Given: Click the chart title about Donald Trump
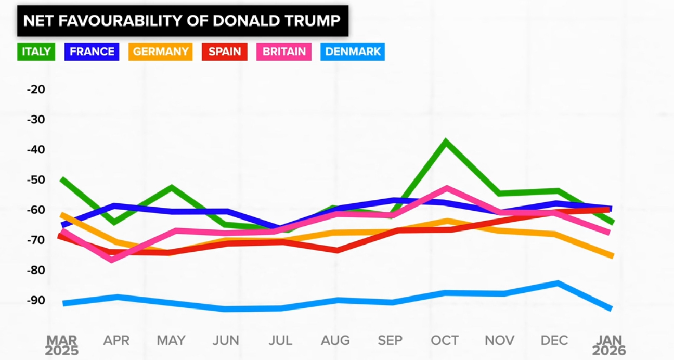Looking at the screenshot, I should click(183, 21).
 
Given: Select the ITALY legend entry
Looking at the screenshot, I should click(36, 52).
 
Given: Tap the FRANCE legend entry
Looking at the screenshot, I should click(92, 52).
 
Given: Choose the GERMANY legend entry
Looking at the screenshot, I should click(161, 52).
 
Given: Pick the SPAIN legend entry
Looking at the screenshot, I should click(225, 52).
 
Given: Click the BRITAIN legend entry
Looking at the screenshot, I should click(284, 52).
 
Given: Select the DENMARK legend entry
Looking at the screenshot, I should click(353, 52).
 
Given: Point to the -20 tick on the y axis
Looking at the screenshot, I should click(36, 89).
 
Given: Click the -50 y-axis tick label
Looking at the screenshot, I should click(36, 180).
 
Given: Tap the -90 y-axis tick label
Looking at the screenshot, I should click(36, 301).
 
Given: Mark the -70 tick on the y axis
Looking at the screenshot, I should click(36, 240).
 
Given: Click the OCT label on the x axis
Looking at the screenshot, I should click(445, 341).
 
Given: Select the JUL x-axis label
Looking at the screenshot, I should click(280, 341).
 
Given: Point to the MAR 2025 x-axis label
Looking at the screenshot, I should click(61, 345).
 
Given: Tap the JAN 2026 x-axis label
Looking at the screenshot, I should click(609, 345).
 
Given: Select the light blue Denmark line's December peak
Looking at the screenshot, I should click(557, 283).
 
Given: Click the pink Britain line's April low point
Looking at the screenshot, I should click(112, 259).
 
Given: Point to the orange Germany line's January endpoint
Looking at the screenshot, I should click(612, 255).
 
